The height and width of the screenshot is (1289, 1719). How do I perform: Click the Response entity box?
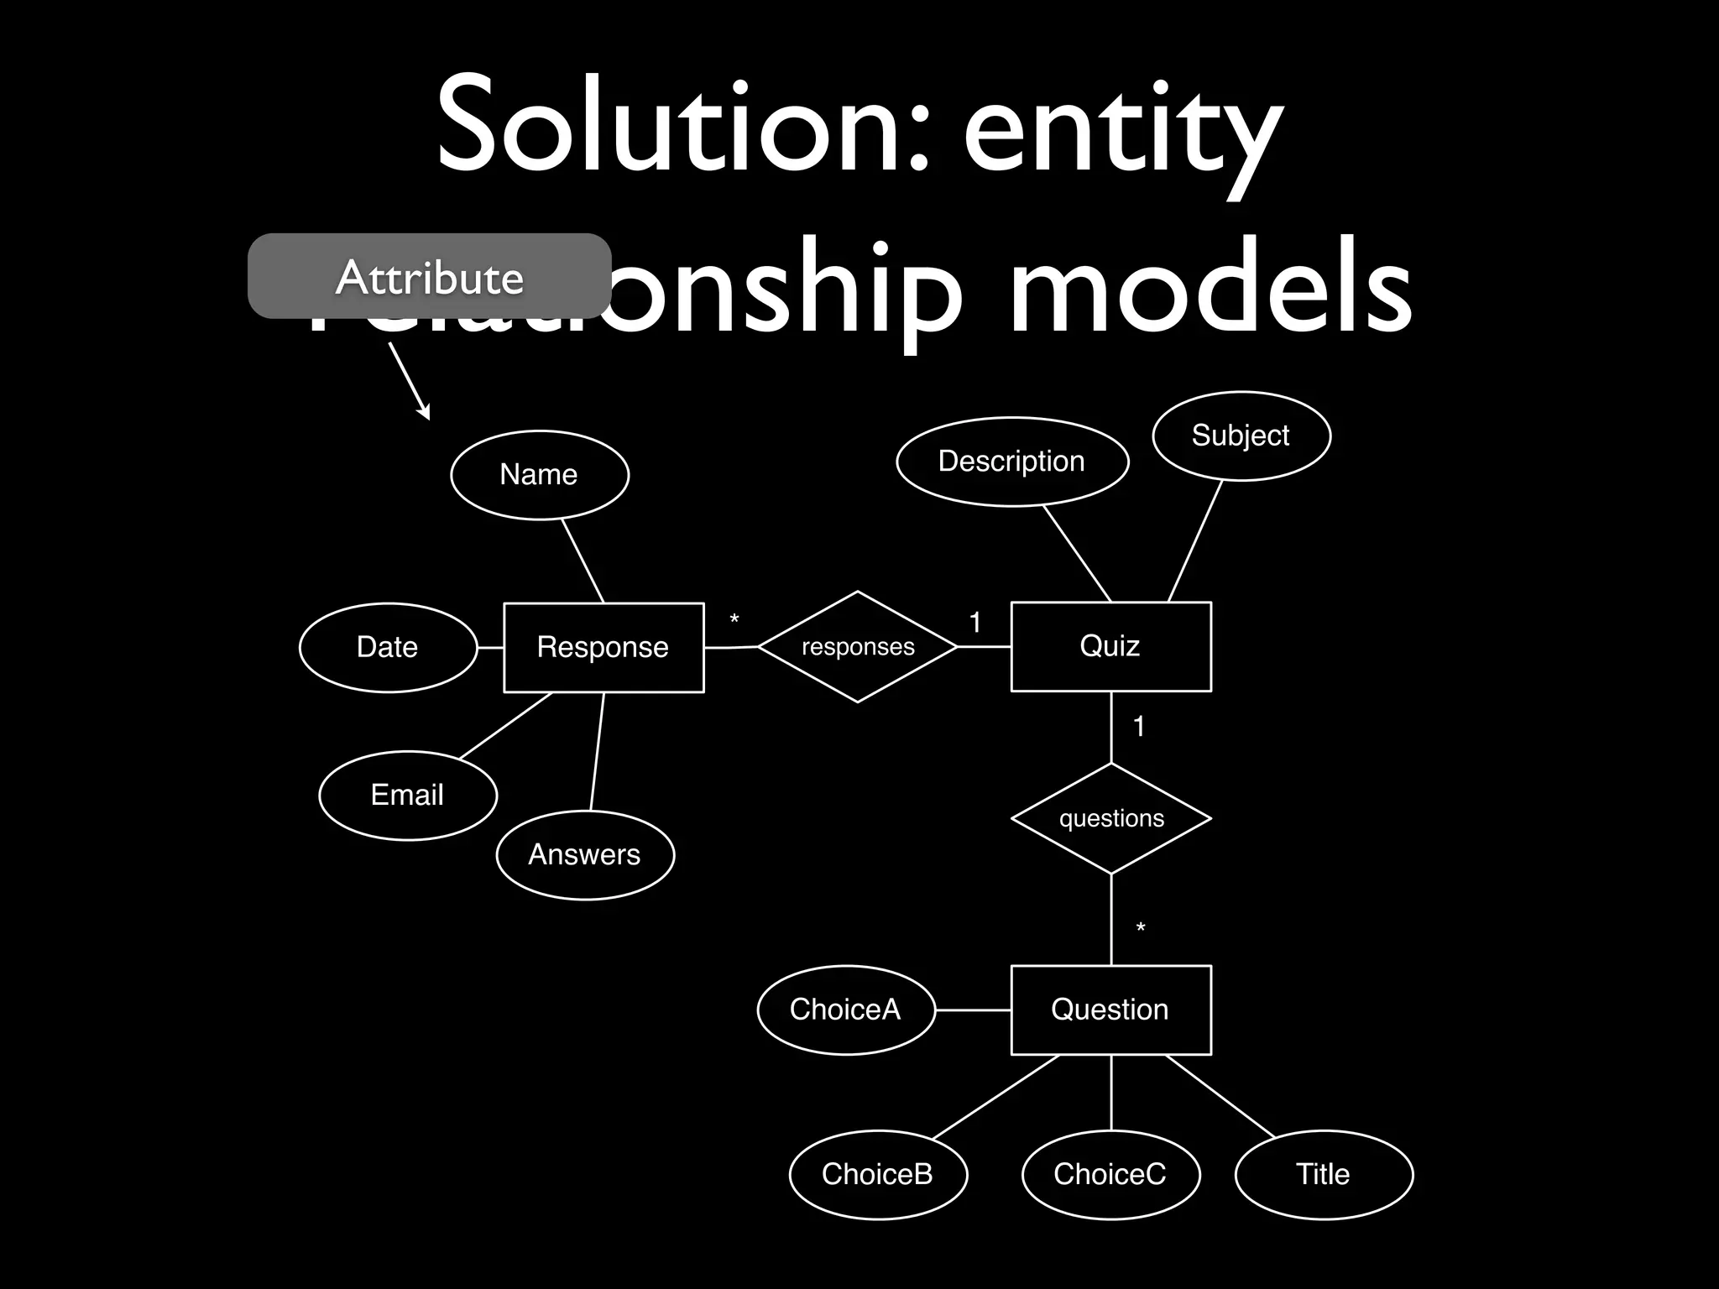603,647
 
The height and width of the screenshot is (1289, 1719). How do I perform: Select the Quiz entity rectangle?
1110,646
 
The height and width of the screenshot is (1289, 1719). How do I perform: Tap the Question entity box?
1110,1010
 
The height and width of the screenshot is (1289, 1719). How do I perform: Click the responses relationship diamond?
858,647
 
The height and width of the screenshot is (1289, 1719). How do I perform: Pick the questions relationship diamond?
1111,818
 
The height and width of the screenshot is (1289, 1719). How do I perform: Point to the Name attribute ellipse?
540,475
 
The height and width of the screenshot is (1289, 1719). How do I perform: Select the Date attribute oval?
388,647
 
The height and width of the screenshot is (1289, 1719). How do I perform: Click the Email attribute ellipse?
408,795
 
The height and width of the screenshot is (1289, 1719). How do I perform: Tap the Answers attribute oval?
585,854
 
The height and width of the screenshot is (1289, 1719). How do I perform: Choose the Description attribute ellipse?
1012,462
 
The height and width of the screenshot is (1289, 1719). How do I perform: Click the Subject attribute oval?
1241,436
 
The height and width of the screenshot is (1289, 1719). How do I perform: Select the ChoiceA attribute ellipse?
845,1010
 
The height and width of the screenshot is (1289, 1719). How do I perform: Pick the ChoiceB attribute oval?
878,1174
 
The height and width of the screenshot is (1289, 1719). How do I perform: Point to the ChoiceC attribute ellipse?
1110,1174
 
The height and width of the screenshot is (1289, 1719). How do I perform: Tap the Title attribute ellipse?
1324,1174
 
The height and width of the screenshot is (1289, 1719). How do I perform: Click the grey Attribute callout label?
429,276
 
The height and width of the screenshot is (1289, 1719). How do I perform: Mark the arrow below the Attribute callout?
410,381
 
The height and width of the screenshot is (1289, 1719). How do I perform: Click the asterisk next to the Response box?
734,620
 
